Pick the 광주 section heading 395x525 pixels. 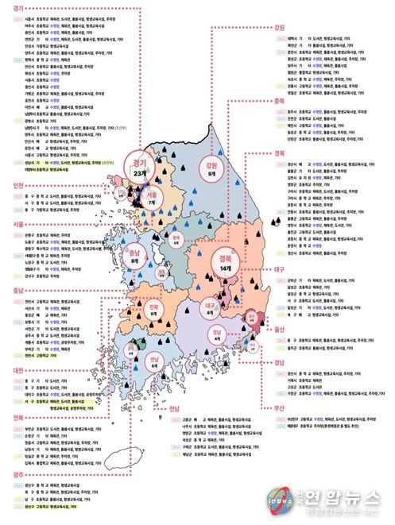[x=10, y=473]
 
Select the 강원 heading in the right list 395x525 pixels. [x=279, y=27]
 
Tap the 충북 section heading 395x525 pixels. [x=279, y=100]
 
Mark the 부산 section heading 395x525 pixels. [x=279, y=407]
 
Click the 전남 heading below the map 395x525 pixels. [x=175, y=407]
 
